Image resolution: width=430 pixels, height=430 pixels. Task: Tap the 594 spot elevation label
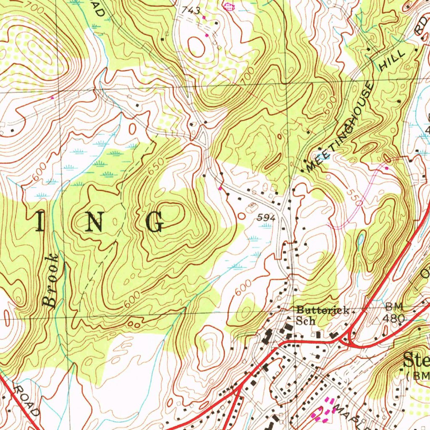click(x=266, y=218)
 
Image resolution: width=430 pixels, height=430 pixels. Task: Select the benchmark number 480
click(x=394, y=319)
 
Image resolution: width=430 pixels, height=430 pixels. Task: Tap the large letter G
click(x=155, y=222)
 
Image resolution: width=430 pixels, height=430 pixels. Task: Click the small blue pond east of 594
click(x=361, y=239)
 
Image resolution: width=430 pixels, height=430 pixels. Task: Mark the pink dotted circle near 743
click(x=228, y=6)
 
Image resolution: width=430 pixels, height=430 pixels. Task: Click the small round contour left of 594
click(x=241, y=215)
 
